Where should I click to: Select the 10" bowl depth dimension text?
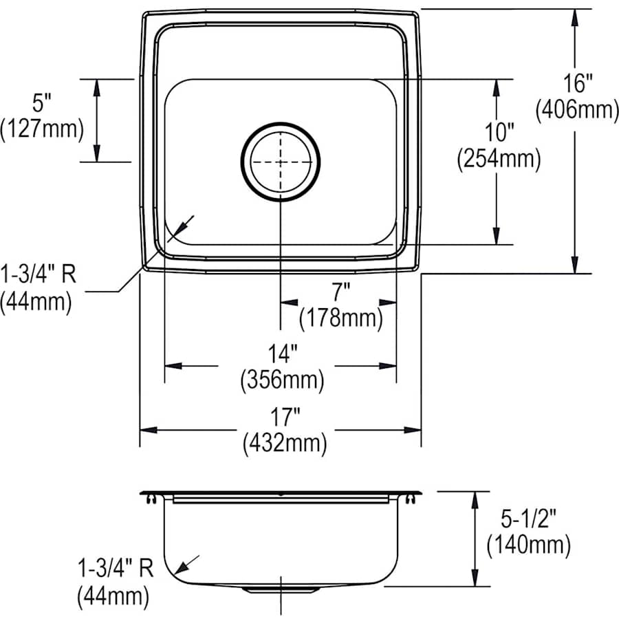pos(499,133)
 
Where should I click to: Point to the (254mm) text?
pos(499,160)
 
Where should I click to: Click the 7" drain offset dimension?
pos(340,293)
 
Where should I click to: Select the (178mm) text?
pos(340,318)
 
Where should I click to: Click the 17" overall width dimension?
pos(283,417)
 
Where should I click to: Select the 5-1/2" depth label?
pos(528,521)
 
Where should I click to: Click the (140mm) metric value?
pos(528,546)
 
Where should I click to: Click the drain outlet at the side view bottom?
pos(280,590)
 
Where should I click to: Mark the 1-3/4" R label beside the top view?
pos(38,276)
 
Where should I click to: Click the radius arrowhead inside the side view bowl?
pos(180,569)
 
